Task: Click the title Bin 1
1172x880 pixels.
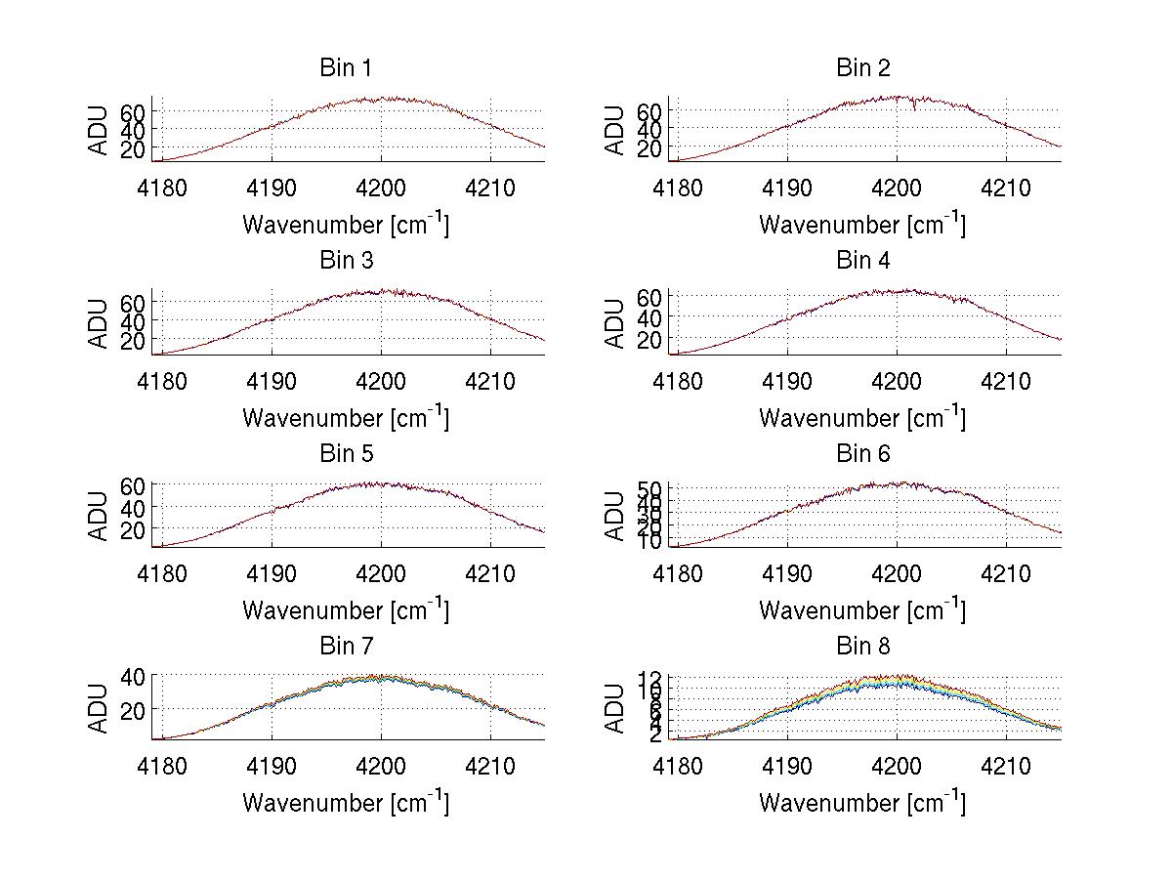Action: point(345,68)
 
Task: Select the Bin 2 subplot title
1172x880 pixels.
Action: point(862,68)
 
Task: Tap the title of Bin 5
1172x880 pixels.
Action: point(345,454)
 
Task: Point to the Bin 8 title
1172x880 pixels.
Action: point(862,647)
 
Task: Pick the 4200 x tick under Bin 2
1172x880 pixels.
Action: point(897,187)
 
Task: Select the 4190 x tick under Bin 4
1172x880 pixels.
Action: point(787,379)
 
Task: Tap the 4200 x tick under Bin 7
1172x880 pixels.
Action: point(381,765)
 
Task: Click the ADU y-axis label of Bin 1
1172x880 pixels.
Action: point(100,130)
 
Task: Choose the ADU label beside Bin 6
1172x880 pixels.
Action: point(615,516)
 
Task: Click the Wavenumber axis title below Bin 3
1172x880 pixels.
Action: point(345,417)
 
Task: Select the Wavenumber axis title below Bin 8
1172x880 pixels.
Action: point(862,803)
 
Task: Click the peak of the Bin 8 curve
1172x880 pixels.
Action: point(897,677)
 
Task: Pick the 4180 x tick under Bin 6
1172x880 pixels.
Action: point(678,571)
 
